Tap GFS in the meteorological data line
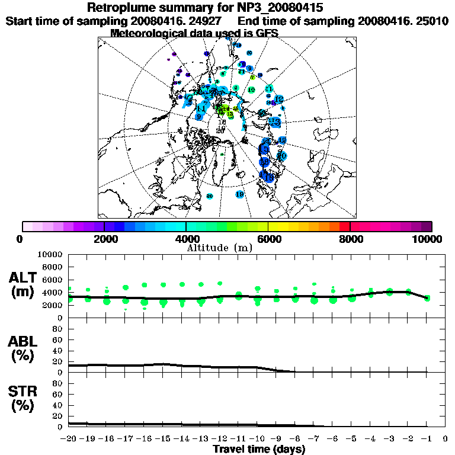click(267, 33)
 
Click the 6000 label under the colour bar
click(268, 239)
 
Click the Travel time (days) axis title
click(259, 449)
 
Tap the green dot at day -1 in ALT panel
click(427, 297)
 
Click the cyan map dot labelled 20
click(282, 156)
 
